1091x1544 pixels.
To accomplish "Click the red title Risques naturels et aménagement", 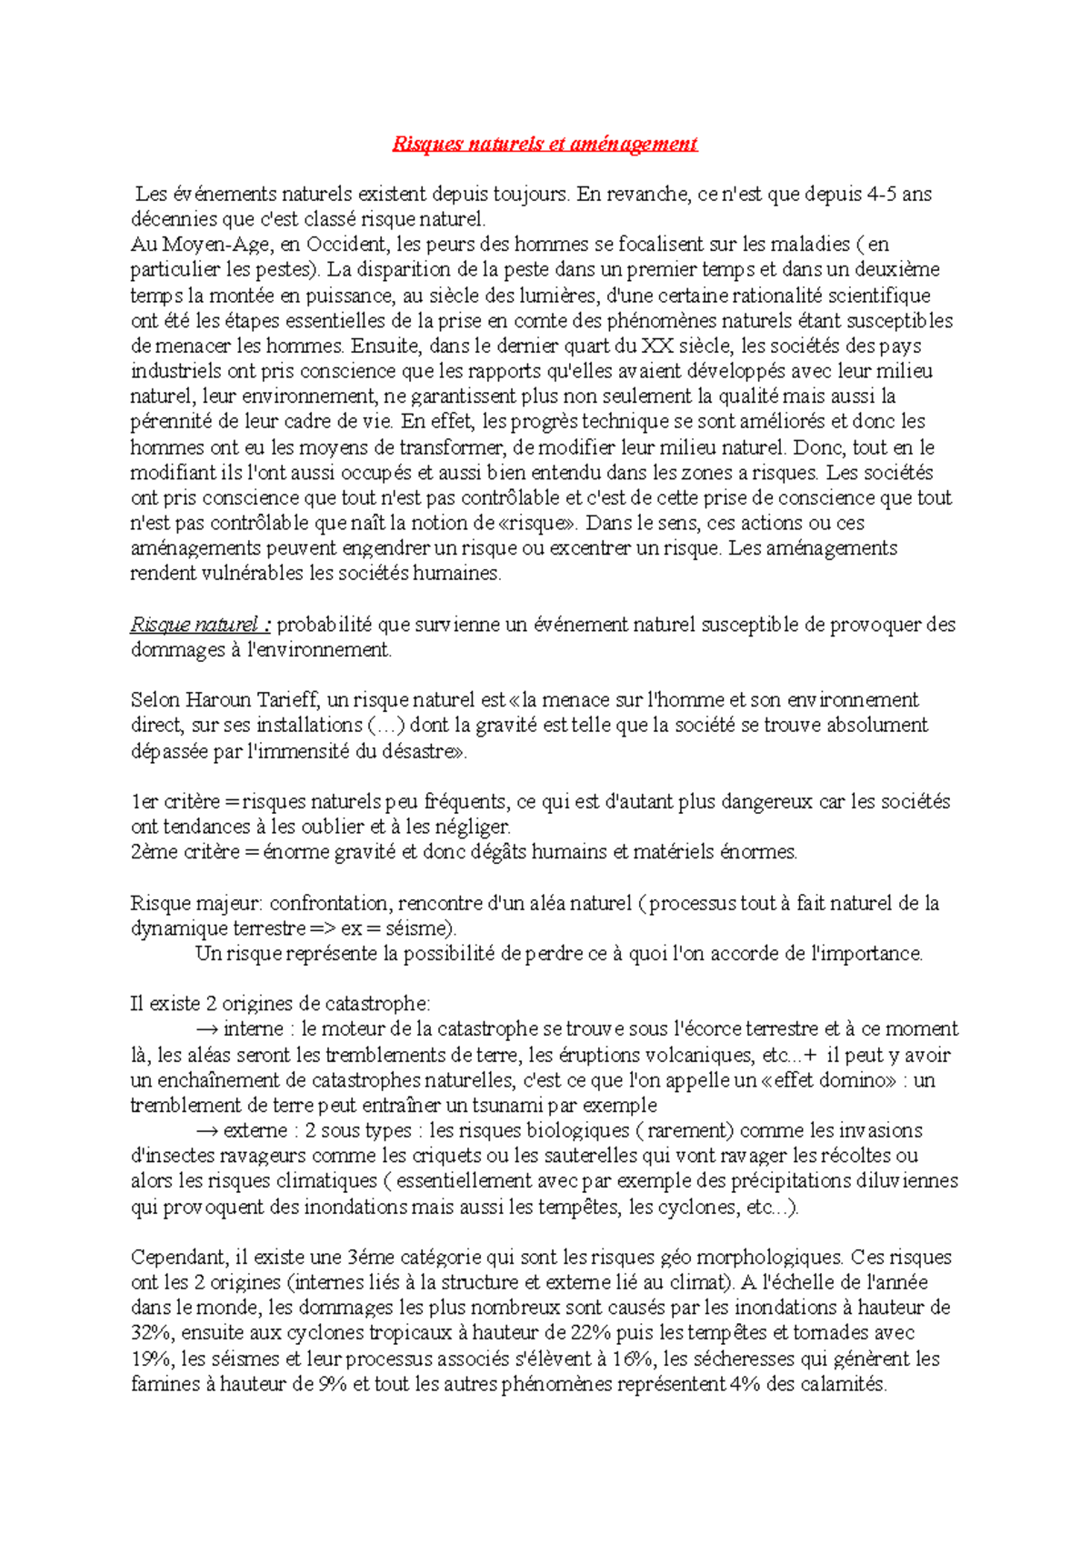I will [x=545, y=144].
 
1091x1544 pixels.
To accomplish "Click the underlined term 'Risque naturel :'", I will [x=200, y=625].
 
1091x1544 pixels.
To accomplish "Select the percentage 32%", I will [x=152, y=1334].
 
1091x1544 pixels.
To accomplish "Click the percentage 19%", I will [x=152, y=1359].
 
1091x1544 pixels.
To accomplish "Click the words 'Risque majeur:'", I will [x=196, y=904].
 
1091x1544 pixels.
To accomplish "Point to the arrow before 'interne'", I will [x=206, y=1029].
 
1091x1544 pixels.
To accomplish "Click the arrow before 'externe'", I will [x=206, y=1131].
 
